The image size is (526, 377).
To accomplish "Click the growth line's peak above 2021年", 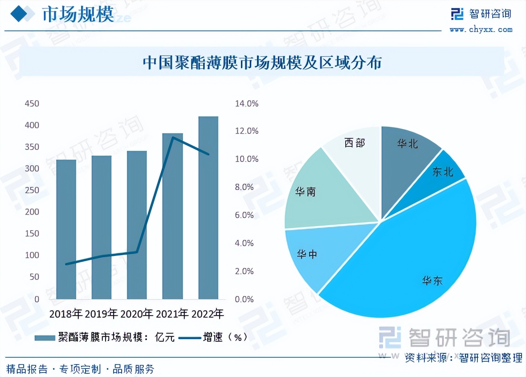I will pyautogui.click(x=173, y=138).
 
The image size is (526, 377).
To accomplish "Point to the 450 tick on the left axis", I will pyautogui.click(x=32, y=103).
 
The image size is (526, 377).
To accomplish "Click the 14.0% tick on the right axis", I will pyautogui.click(x=247, y=103).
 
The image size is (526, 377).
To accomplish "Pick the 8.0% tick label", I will pyautogui.click(x=244, y=187).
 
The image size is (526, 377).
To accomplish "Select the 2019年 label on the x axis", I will pyautogui.click(x=101, y=313).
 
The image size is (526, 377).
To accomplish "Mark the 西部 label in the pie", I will pyautogui.click(x=355, y=143).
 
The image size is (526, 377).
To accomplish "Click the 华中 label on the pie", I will pyautogui.click(x=307, y=254).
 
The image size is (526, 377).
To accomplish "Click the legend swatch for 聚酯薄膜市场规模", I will pyautogui.click(x=45, y=338).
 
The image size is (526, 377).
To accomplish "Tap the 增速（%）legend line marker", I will pyautogui.click(x=189, y=338).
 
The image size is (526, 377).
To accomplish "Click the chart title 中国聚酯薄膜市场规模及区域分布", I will pyautogui.click(x=262, y=63).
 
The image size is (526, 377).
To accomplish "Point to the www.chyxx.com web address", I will pyautogui.click(x=481, y=29).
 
